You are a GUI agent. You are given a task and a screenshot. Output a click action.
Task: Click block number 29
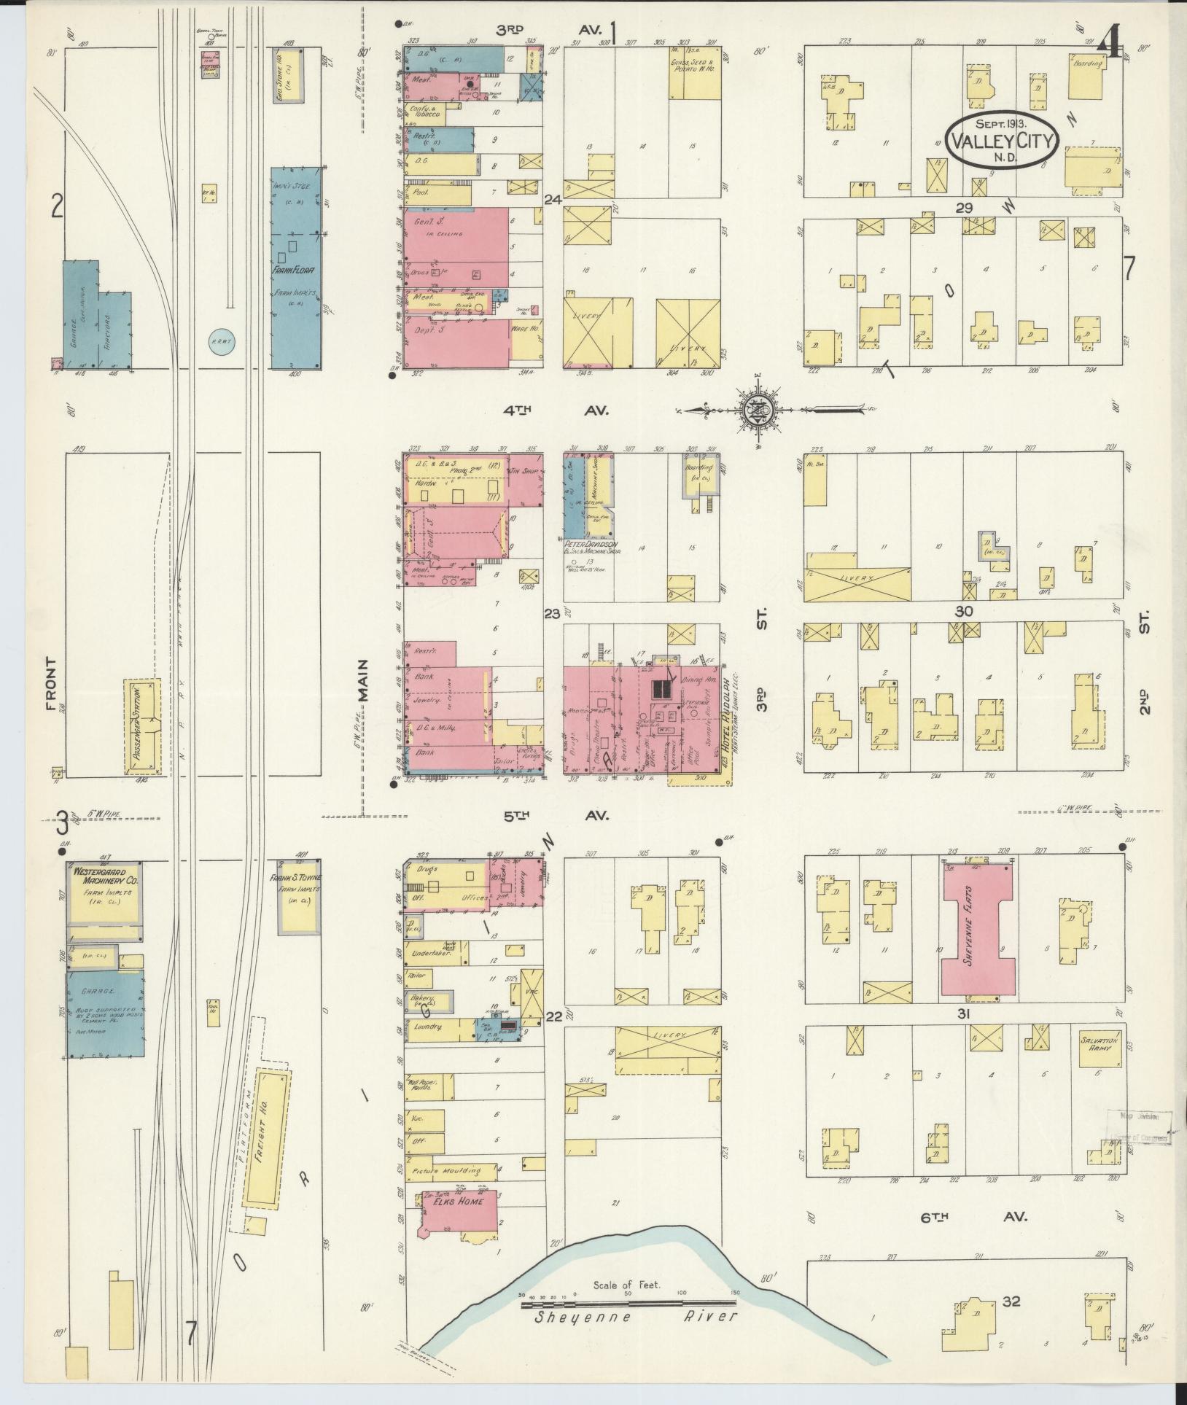965,208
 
